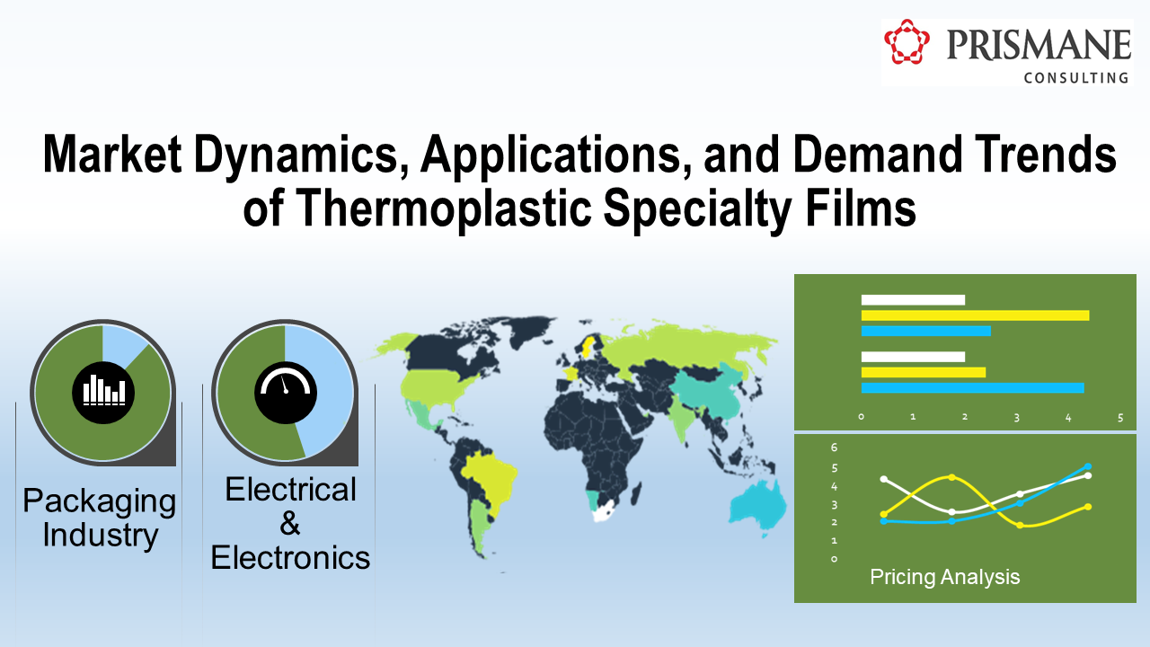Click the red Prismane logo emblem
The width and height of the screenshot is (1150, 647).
point(907,42)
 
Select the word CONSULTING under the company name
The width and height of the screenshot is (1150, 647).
point(1076,78)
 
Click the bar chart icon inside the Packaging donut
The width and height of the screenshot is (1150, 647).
point(103,390)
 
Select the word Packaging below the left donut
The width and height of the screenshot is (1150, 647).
point(100,501)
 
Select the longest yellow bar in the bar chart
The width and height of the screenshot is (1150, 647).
point(975,315)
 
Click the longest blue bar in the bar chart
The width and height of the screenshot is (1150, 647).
point(972,388)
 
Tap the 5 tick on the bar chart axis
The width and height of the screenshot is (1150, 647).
point(1119,417)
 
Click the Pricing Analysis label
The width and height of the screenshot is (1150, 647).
point(944,577)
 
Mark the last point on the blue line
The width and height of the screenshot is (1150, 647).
point(1088,467)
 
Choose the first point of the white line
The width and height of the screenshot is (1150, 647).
point(884,479)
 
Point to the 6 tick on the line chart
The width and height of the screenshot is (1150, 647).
point(834,448)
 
